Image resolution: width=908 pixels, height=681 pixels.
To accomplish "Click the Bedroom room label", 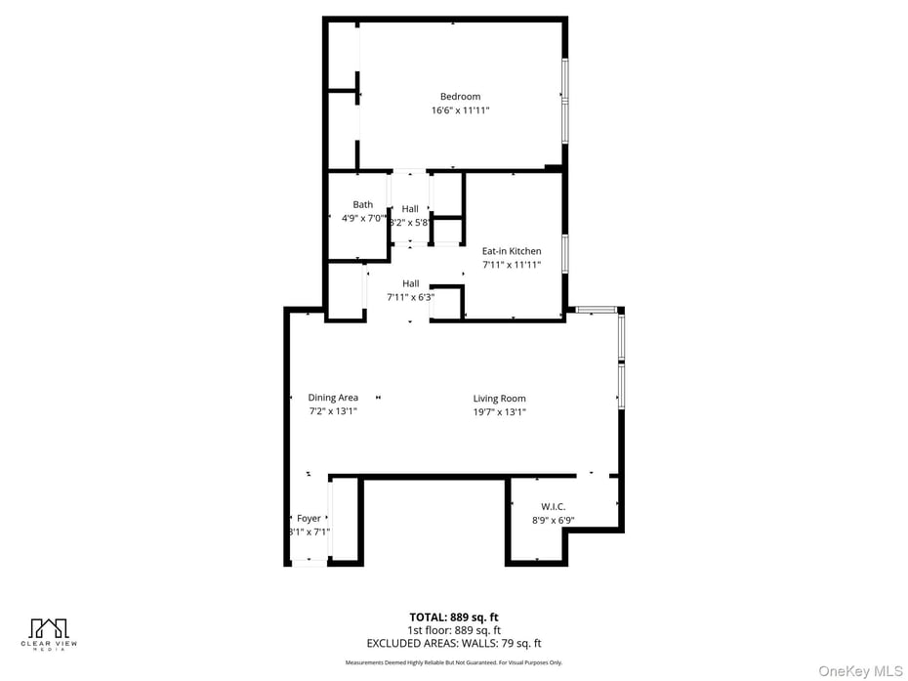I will click(x=460, y=97).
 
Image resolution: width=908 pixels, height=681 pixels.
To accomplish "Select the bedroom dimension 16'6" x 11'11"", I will click(x=460, y=110).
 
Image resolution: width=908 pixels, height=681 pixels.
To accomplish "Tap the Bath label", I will click(x=363, y=205).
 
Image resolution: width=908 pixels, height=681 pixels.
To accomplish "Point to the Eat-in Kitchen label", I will click(x=512, y=251).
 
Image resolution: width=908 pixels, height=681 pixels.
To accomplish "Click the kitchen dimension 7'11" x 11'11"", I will click(x=512, y=265).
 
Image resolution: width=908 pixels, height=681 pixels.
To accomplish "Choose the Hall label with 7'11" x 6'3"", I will click(x=410, y=283).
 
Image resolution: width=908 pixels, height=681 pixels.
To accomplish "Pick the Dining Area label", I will click(x=333, y=398).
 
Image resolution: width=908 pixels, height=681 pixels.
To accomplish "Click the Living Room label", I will click(x=500, y=399).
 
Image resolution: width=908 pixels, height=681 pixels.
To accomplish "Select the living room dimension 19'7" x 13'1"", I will click(x=500, y=412).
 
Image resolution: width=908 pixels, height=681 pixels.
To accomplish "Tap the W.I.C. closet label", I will click(x=554, y=507).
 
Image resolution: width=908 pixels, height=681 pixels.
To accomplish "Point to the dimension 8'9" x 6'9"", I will click(x=554, y=521).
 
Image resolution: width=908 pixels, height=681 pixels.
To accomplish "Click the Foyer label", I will click(x=309, y=519).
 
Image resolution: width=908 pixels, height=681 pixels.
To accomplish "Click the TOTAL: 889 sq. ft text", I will click(x=454, y=617).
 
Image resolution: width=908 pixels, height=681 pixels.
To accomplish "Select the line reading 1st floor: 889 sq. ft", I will click(x=454, y=630).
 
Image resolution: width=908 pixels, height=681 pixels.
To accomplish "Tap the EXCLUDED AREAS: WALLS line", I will click(x=454, y=643).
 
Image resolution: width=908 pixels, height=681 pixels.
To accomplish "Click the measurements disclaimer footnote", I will click(x=454, y=662).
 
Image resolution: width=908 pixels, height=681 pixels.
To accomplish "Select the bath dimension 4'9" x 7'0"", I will click(x=363, y=219).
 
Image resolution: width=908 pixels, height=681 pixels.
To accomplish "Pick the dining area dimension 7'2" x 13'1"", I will click(x=333, y=411).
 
